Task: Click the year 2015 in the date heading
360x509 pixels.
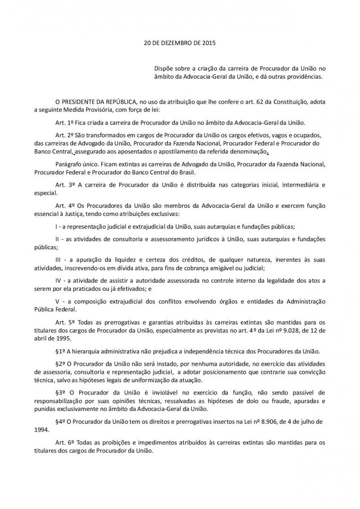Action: pos(208,43)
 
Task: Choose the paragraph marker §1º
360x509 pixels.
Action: pos(60,351)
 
